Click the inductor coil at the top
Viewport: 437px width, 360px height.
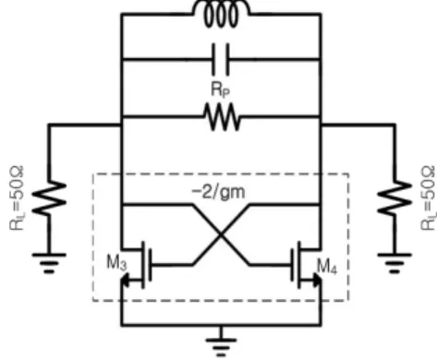pos(221,13)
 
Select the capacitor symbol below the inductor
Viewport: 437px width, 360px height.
pos(221,59)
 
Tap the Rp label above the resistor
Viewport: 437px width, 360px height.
pos(220,90)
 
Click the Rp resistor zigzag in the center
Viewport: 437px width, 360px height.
pos(222,117)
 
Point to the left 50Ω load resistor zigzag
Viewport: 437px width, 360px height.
pos(49,198)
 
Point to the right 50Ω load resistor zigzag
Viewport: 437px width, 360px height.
pos(395,198)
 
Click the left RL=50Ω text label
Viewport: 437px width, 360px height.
pos(17,198)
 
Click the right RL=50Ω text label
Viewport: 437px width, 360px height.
pos(428,198)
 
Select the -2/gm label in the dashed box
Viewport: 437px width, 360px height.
pos(219,192)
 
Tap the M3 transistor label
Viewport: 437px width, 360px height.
pos(116,263)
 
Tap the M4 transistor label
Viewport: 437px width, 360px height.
pos(327,266)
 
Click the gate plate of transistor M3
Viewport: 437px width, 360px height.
pos(150,265)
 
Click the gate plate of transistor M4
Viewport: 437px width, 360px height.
pos(292,265)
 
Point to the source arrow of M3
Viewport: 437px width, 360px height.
pos(126,281)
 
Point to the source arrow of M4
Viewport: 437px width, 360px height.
pos(317,281)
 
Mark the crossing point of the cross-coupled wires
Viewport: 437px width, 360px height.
pos(221,234)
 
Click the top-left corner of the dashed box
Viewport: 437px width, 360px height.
pos(93,174)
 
